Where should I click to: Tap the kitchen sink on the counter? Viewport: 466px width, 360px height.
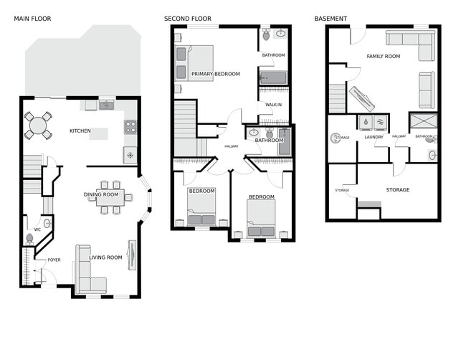(x=106, y=105)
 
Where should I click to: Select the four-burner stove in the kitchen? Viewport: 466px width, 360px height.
(x=130, y=128)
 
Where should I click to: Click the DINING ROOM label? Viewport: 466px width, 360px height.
(x=101, y=194)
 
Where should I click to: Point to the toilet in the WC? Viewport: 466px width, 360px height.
(x=30, y=238)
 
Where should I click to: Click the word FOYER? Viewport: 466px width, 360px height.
(x=54, y=260)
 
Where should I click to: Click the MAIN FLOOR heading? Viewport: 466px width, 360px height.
(x=32, y=18)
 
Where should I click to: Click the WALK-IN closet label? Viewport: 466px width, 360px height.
(x=273, y=105)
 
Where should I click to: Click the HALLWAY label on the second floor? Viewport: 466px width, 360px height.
(x=231, y=146)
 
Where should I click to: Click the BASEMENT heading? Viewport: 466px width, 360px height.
(x=331, y=18)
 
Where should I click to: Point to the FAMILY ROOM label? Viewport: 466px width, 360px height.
(x=384, y=56)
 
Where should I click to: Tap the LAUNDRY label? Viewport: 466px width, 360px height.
(x=374, y=137)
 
